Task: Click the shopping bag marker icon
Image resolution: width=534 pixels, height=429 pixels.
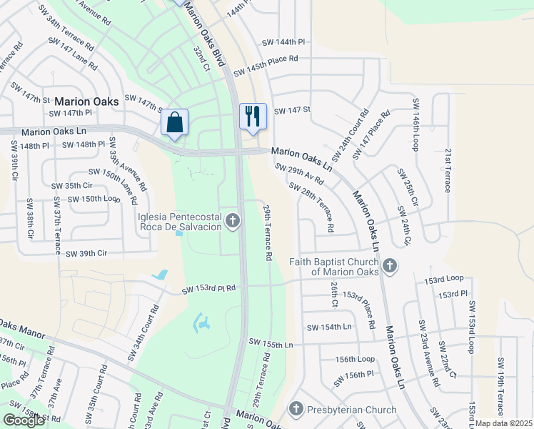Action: click(x=175, y=122)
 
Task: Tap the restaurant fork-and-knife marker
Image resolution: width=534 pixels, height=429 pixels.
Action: click(x=253, y=117)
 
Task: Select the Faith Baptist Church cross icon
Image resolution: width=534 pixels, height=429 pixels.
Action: click(x=389, y=267)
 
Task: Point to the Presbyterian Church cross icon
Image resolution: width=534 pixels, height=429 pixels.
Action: click(x=296, y=410)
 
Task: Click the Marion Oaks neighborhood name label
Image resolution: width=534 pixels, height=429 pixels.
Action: click(x=86, y=102)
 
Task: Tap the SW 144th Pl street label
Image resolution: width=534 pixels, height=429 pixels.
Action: click(x=283, y=43)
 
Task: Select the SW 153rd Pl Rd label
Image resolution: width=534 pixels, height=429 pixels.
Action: click(x=208, y=290)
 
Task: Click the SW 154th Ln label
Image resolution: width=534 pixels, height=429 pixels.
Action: click(x=329, y=327)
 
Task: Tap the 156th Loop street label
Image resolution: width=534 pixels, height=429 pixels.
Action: click(x=355, y=359)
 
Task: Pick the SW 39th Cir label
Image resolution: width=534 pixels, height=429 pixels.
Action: click(x=86, y=253)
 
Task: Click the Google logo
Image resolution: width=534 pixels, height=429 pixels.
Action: click(x=24, y=420)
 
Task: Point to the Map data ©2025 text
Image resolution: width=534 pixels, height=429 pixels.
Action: click(x=503, y=423)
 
